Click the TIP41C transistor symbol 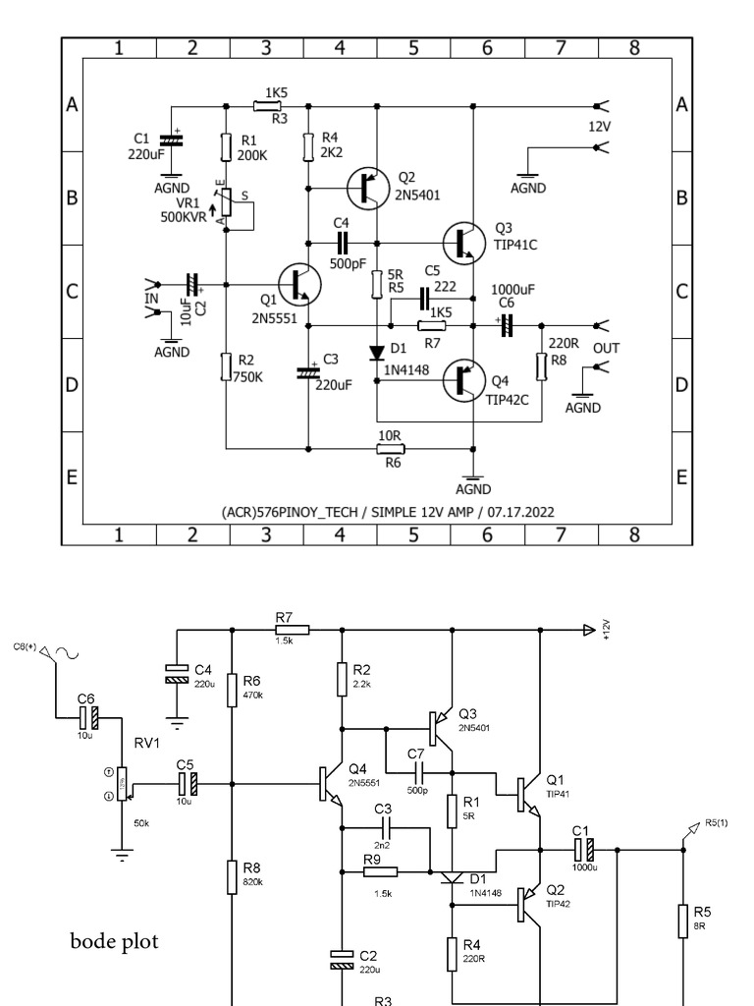[464, 242]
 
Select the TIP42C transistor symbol [464, 378]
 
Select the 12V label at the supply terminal [600, 128]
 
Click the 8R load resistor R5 [683, 921]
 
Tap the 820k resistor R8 [232, 873]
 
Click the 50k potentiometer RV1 [122, 783]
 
